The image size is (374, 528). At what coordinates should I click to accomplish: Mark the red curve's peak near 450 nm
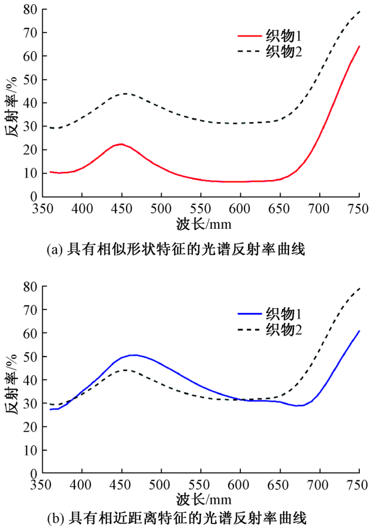(121, 144)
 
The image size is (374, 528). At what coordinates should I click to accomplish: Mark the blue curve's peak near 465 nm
(134, 355)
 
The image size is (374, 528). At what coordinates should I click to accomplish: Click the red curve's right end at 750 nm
(359, 46)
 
